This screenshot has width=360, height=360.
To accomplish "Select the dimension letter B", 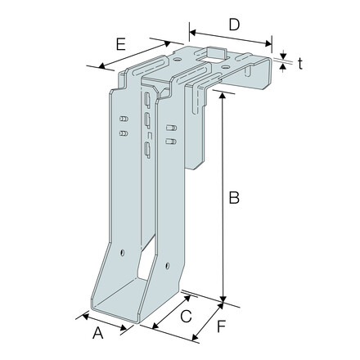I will (233, 197).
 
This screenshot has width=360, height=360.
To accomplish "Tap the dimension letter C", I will (186, 317).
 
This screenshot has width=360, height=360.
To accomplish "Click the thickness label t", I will (300, 64).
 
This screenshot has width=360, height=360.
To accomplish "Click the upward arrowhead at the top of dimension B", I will (221, 92).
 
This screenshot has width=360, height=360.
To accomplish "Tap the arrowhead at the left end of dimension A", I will (77, 315).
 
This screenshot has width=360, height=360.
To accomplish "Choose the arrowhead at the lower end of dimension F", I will (195, 338).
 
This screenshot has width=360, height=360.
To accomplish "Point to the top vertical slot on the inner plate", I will (146, 101).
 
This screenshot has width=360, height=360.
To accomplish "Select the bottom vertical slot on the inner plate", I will (146, 148).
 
